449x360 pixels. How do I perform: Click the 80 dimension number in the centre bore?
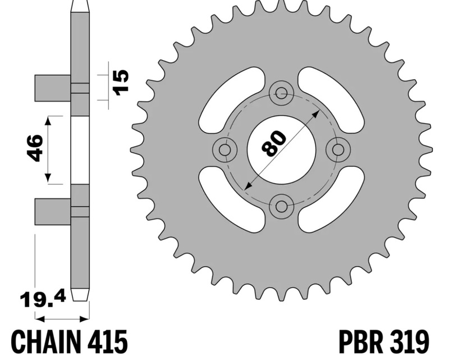pyautogui.click(x=274, y=144)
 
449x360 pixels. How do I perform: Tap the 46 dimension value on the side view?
pyautogui.click(x=35, y=148)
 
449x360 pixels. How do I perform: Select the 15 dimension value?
pyautogui.click(x=121, y=82)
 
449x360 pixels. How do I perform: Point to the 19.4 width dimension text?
pyautogui.click(x=43, y=299)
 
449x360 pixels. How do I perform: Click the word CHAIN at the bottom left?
pyautogui.click(x=46, y=343)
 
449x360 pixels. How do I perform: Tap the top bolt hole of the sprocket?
pyautogui.click(x=282, y=93)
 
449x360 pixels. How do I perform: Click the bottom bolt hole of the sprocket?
pyautogui.click(x=282, y=206)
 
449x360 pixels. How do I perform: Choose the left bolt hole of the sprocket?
pyautogui.click(x=225, y=149)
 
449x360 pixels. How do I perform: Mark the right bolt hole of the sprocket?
pyautogui.click(x=339, y=149)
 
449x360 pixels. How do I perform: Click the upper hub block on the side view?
pyautogui.click(x=53, y=88)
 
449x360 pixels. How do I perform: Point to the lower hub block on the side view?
pyautogui.click(x=53, y=211)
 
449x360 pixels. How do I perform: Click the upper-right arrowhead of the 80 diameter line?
pyautogui.click(x=316, y=113)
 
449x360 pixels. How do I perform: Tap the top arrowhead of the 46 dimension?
pyautogui.click(x=48, y=121)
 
